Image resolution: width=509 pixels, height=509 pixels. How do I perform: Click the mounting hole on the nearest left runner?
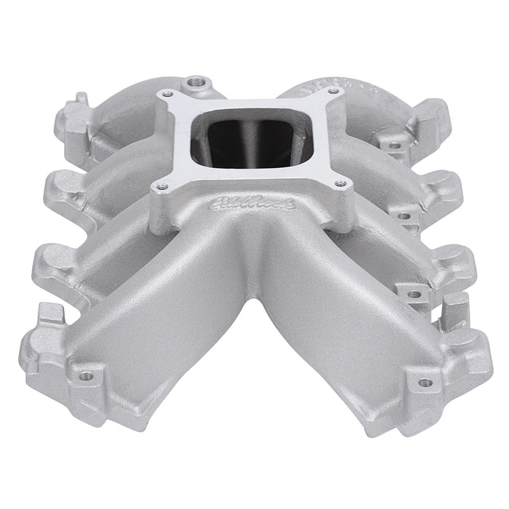click(87, 376)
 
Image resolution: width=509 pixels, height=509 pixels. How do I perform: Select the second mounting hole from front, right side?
click(414, 294)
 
